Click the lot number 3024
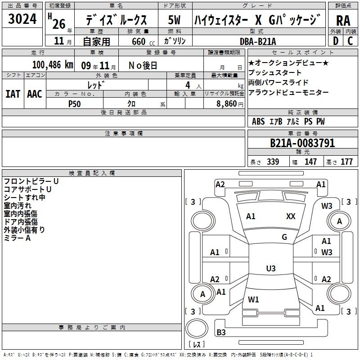pos(22,19)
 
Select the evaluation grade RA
pos(343,21)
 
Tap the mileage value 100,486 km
pos(53,65)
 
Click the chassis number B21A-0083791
pos(302,143)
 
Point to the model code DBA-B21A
pos(257,41)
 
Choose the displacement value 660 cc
pos(143,42)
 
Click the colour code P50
pos(74,104)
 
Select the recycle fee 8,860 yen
pos(230,104)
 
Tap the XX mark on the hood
pos(291,216)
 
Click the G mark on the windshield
pos(284,237)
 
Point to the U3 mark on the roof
pos(271,268)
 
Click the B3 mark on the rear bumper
pos(221,332)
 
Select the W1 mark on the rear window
pos(253,300)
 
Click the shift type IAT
pos(13,94)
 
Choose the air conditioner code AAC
pos(35,94)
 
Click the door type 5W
pos(174,20)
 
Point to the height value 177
pos(346,162)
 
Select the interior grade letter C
pos(350,41)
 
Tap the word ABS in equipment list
pos(258,121)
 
